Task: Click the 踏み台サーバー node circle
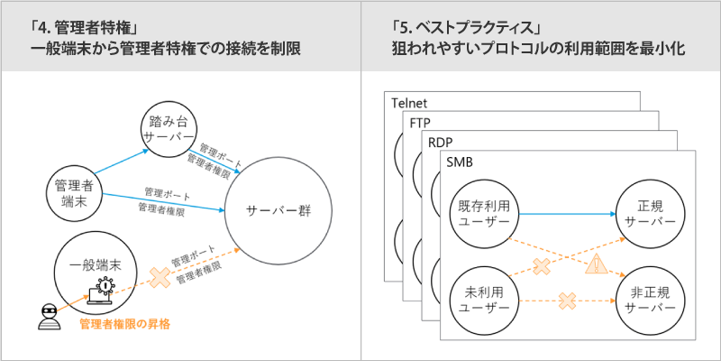[169, 129]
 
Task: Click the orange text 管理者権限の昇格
[125, 323]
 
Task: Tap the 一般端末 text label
[97, 266]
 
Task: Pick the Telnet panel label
[408, 103]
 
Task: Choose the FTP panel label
[419, 123]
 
